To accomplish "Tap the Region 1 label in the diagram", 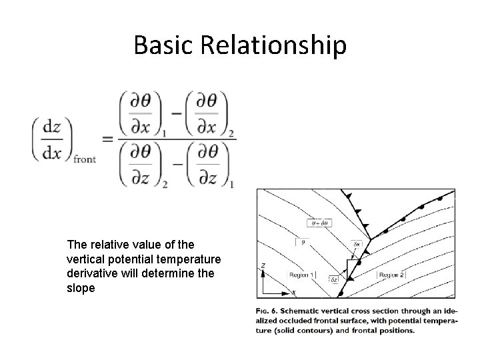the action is coord(303,275).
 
